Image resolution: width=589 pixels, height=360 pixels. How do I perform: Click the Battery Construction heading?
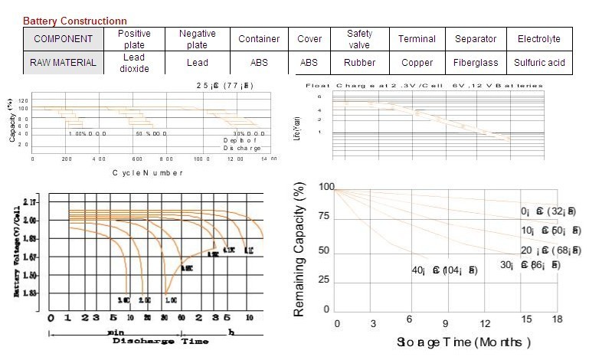[x=75, y=21]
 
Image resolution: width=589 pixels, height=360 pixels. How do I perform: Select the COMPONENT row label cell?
[x=64, y=39]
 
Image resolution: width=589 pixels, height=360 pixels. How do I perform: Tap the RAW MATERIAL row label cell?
[x=64, y=63]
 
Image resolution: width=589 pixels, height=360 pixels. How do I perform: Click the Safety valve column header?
[x=359, y=39]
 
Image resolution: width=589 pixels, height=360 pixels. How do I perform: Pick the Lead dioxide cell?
[x=133, y=63]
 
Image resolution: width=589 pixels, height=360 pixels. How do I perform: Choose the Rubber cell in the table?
[x=359, y=63]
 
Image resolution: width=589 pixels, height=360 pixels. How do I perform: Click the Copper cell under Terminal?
[x=417, y=63]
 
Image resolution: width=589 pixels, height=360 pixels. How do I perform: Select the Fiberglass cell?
[x=476, y=63]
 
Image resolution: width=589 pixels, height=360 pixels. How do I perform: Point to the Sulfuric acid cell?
[x=538, y=63]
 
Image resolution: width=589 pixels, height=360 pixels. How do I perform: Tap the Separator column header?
[x=476, y=39]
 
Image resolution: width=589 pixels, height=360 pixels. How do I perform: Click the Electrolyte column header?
[x=538, y=39]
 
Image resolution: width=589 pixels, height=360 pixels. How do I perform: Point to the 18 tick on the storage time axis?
[x=557, y=323]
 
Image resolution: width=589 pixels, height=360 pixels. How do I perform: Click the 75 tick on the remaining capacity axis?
[x=324, y=218]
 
